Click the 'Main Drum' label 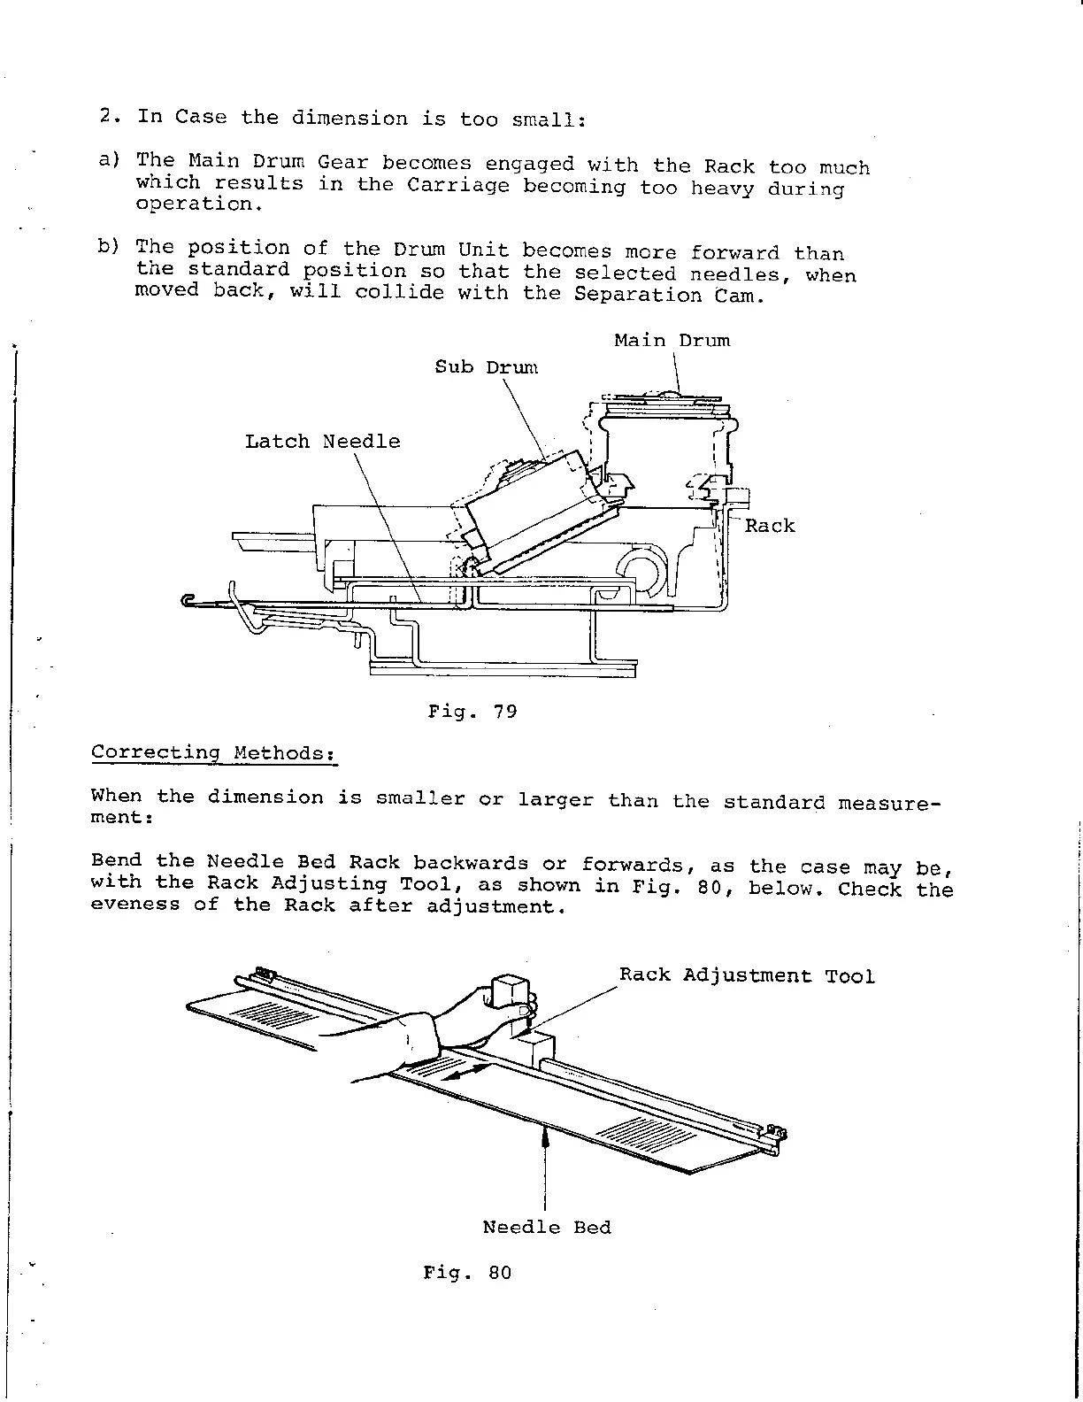pos(672,341)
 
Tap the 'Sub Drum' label pos(486,367)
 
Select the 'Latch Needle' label pos(322,442)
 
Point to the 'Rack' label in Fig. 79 pos(769,526)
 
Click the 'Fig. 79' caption pos(472,712)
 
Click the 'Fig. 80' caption pos(467,1274)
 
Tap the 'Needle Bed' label pos(546,1228)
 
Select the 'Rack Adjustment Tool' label pos(746,976)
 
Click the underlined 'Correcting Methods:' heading pos(213,753)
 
